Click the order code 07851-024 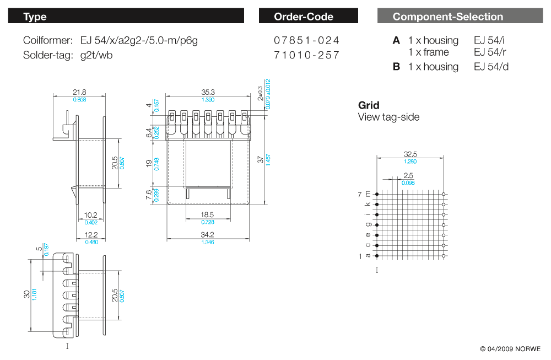point(306,40)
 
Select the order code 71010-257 point(306,55)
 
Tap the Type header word point(35,17)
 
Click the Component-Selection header point(447,17)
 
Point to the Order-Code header point(304,17)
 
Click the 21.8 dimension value point(79,93)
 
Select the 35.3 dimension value point(208,93)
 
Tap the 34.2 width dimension point(207,235)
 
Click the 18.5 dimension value point(207,214)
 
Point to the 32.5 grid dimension point(410,154)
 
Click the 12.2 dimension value point(90,235)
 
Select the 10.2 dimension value point(90,216)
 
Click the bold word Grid point(369,105)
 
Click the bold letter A point(396,40)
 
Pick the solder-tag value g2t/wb point(96,55)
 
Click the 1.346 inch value point(207,243)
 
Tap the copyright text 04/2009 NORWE point(510,349)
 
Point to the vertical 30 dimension point(26,294)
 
